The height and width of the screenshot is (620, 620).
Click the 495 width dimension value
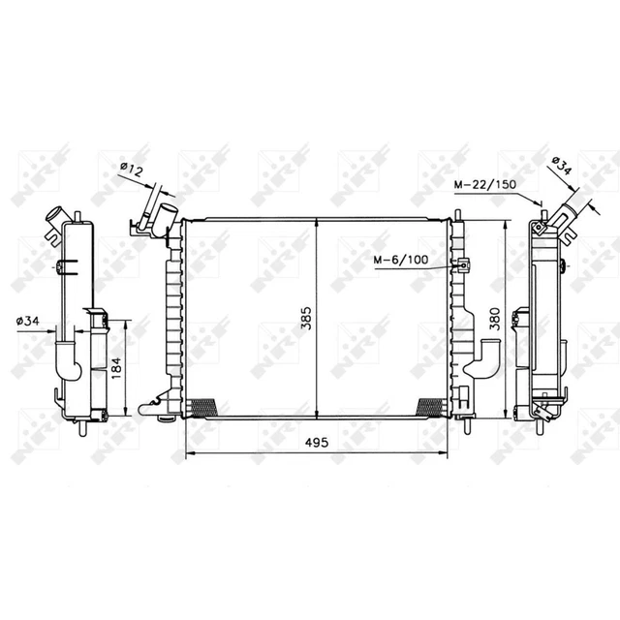(x=317, y=442)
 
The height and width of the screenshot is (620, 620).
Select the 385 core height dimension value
(x=306, y=318)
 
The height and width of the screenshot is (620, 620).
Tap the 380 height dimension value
(x=495, y=319)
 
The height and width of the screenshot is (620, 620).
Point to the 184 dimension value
(x=116, y=368)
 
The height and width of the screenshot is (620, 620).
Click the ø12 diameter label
(x=131, y=170)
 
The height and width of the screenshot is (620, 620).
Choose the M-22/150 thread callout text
(x=484, y=184)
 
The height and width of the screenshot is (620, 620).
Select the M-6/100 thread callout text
(x=401, y=260)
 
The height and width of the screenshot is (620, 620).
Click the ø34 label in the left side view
(x=28, y=321)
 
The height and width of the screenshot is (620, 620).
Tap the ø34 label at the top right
(x=562, y=166)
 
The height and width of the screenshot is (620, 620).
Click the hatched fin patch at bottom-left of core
(x=203, y=407)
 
